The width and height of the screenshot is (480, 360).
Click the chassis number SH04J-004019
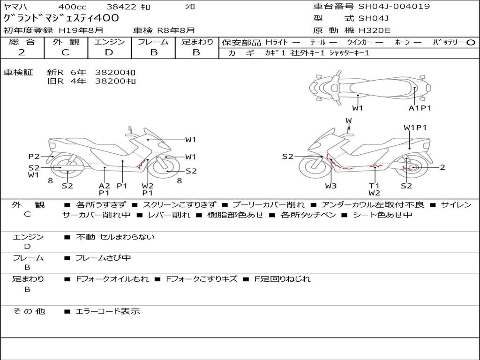click(x=394, y=7)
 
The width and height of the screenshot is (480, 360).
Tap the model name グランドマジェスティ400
click(x=61, y=18)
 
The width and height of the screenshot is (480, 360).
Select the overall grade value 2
click(x=22, y=52)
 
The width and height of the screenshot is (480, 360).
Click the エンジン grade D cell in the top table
click(x=109, y=52)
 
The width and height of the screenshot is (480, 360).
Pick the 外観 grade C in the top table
click(x=65, y=52)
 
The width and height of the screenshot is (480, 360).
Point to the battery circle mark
click(x=471, y=43)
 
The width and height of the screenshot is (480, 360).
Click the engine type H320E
click(x=375, y=30)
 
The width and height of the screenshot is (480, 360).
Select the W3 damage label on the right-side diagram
click(x=330, y=186)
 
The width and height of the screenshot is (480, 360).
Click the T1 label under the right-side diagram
click(x=374, y=186)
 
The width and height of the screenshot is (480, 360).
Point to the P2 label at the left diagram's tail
click(x=34, y=157)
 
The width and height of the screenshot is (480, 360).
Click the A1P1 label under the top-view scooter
click(x=420, y=108)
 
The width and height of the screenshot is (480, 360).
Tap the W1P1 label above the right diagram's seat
click(x=415, y=127)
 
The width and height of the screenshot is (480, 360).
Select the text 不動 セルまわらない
click(x=115, y=237)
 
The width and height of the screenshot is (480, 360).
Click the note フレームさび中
click(x=103, y=258)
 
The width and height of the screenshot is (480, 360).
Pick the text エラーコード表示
click(x=108, y=311)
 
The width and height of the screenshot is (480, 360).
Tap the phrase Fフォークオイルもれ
click(x=112, y=279)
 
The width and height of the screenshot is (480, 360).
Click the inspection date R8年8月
click(x=176, y=30)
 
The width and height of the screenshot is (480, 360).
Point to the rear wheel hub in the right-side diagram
click(x=413, y=167)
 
